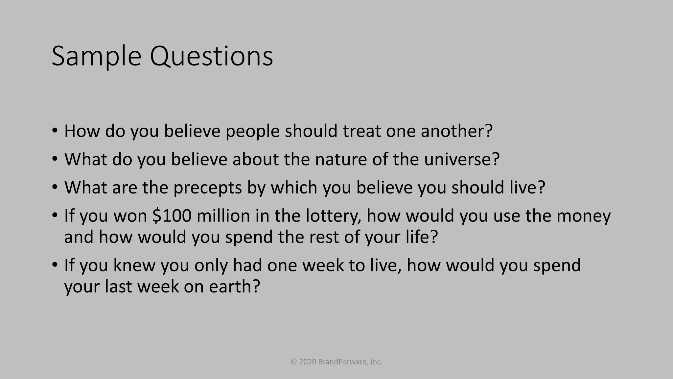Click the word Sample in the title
96,57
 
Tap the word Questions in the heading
211,57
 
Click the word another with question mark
457,131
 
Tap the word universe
462,159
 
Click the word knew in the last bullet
134,265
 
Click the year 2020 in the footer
308,362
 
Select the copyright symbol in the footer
294,362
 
